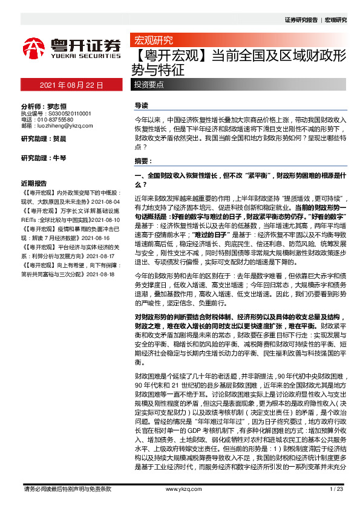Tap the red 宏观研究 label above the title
[152, 41]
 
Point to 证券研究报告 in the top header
[301, 19]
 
